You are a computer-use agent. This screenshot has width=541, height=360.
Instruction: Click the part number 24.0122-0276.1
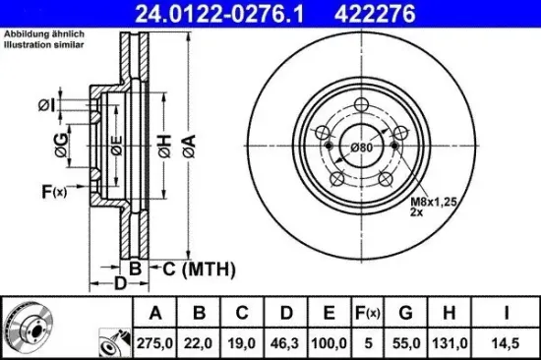point(202,13)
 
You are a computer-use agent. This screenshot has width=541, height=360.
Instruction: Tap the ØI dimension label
point(45,105)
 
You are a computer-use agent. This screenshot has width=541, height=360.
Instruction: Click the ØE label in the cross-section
point(116,148)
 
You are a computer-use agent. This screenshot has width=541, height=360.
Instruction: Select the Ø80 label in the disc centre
point(362,148)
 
